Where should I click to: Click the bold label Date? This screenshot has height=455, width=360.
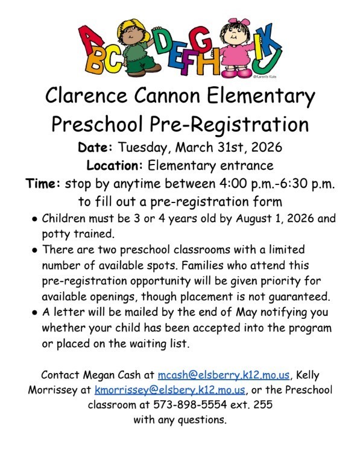96,147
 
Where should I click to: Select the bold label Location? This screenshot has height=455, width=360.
115,165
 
